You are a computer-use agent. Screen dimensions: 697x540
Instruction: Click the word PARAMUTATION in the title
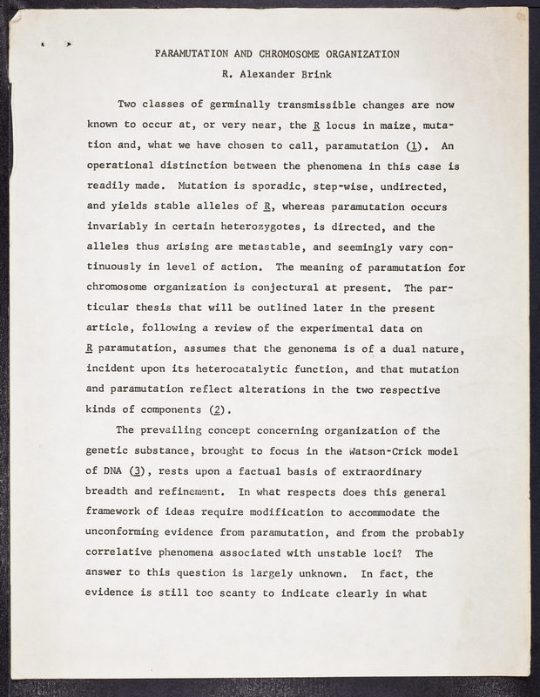(191, 53)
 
